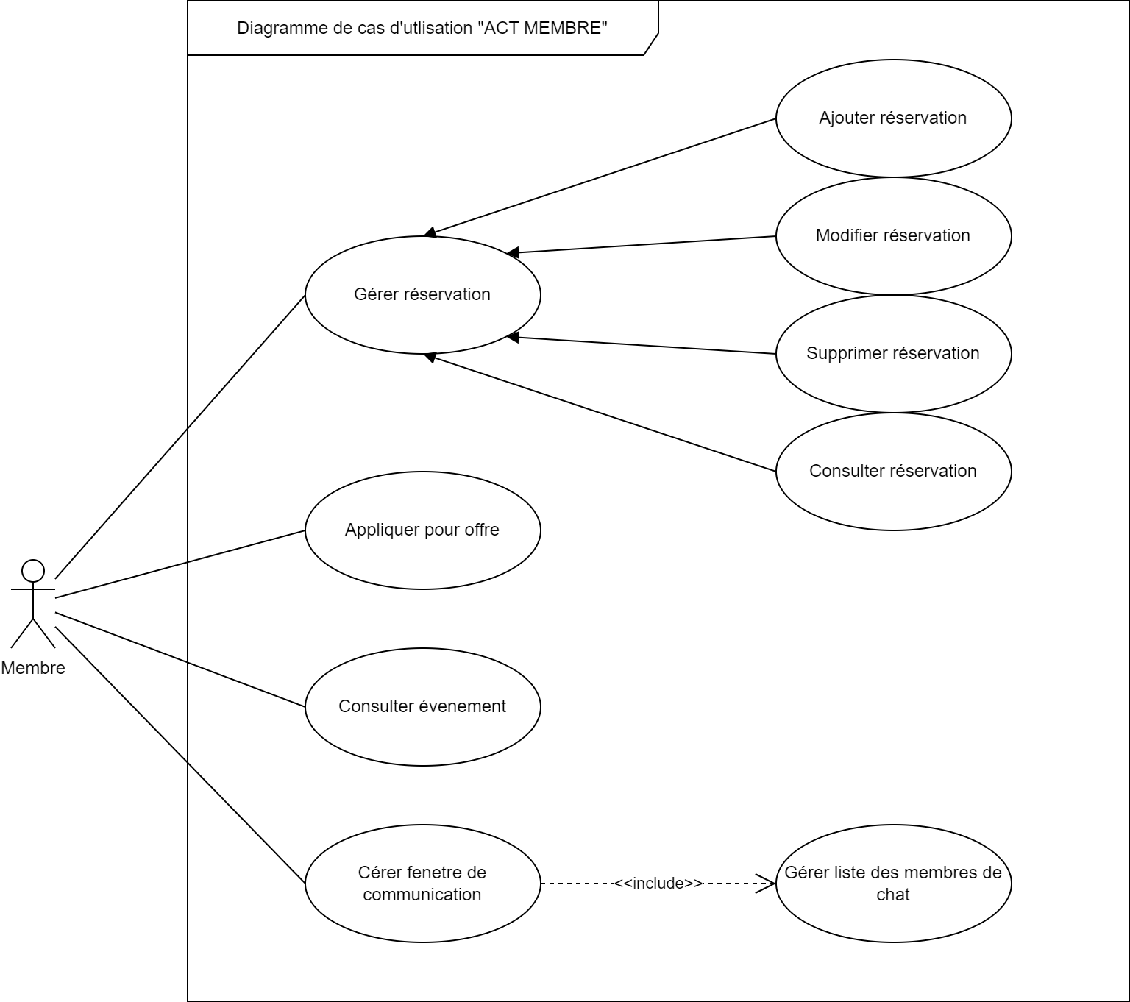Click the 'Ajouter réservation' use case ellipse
click(893, 118)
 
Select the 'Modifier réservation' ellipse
click(893, 235)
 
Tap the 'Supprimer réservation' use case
click(893, 353)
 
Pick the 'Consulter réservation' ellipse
click(893, 471)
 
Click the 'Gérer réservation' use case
click(422, 294)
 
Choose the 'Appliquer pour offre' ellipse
click(422, 530)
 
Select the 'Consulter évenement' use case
click(422, 706)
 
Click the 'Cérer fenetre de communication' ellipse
click(422, 883)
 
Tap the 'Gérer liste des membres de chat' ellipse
click(893, 883)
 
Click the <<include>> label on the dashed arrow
click(658, 883)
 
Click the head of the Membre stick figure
click(33, 571)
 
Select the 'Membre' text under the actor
click(33, 668)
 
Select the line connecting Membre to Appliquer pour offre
click(180, 564)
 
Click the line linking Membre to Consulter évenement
click(180, 659)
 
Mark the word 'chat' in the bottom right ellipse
click(893, 895)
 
